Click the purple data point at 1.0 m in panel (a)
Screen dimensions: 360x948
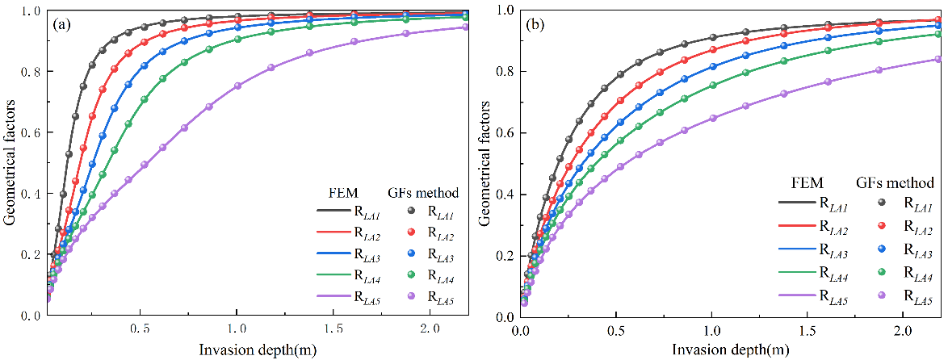pos(237,86)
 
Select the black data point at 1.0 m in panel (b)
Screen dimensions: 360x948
pos(711,38)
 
